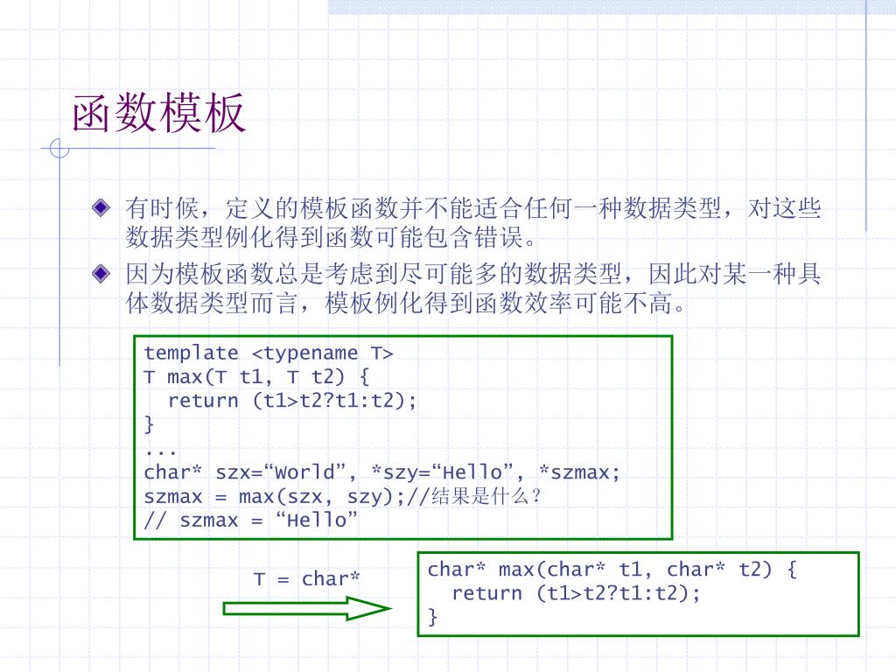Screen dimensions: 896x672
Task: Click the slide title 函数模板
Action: pyautogui.click(x=158, y=115)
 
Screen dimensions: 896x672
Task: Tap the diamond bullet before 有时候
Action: pyautogui.click(x=102, y=208)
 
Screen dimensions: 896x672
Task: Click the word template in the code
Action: pyautogui.click(x=191, y=353)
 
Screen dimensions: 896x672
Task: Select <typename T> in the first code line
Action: pyautogui.click(x=323, y=353)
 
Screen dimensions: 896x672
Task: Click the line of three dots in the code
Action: pyautogui.click(x=161, y=449)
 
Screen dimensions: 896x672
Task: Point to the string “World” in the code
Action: pyautogui.click(x=310, y=472)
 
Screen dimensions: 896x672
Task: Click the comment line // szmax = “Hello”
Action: pyautogui.click(x=251, y=521)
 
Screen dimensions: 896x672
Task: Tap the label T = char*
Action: pyautogui.click(x=306, y=579)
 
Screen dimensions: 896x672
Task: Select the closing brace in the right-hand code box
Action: pyautogui.click(x=432, y=617)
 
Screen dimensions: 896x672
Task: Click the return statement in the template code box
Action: pyautogui.click(x=292, y=401)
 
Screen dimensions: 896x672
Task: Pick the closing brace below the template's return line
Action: pyautogui.click(x=149, y=424)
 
